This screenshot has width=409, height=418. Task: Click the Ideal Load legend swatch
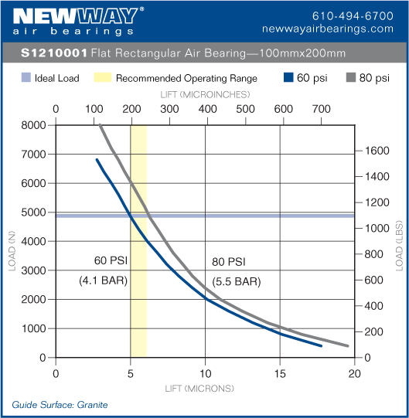point(25,78)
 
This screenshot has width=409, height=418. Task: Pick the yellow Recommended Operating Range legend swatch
point(103,78)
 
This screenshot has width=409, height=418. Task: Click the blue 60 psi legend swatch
point(290,78)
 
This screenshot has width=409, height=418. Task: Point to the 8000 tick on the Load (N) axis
point(33,125)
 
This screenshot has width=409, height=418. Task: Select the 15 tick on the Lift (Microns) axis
point(280,372)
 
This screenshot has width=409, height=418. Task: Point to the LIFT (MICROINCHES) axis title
point(205,94)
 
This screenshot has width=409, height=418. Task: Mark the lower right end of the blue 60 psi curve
point(321,346)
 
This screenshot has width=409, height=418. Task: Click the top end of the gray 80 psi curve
point(101,124)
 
